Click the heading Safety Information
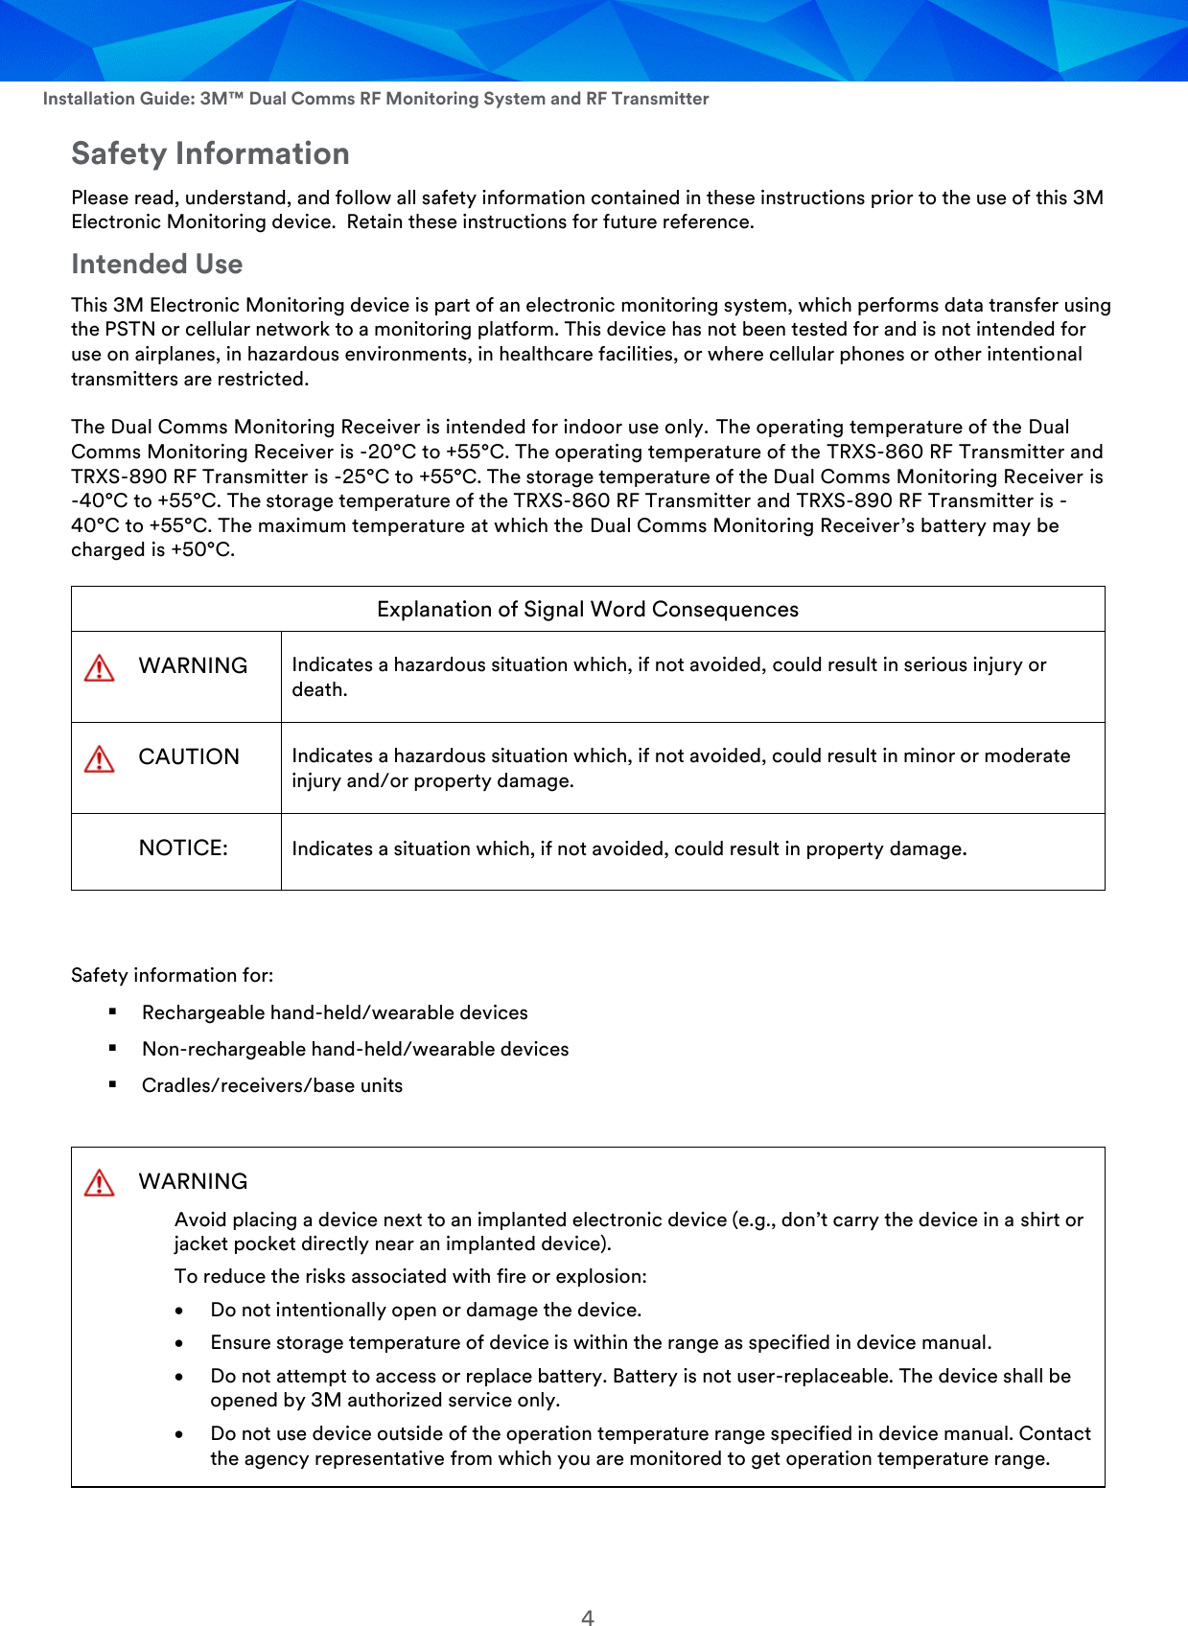coord(210,153)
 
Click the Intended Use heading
coord(156,264)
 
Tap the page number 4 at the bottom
coord(588,1617)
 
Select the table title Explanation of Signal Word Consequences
coord(587,610)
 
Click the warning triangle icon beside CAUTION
coord(100,759)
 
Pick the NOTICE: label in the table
coord(183,848)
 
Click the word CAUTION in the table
coord(189,756)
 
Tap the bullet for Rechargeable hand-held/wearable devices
coord(113,1011)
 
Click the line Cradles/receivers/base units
coord(272,1085)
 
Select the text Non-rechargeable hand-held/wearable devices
coord(355,1049)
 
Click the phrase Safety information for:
coord(172,975)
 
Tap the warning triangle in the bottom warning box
coord(100,1183)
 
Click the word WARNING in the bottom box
coord(193,1181)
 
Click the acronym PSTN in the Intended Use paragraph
coord(128,329)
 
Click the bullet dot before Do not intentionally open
coord(179,1311)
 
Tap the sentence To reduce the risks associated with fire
coord(410,1276)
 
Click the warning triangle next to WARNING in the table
coord(100,668)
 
